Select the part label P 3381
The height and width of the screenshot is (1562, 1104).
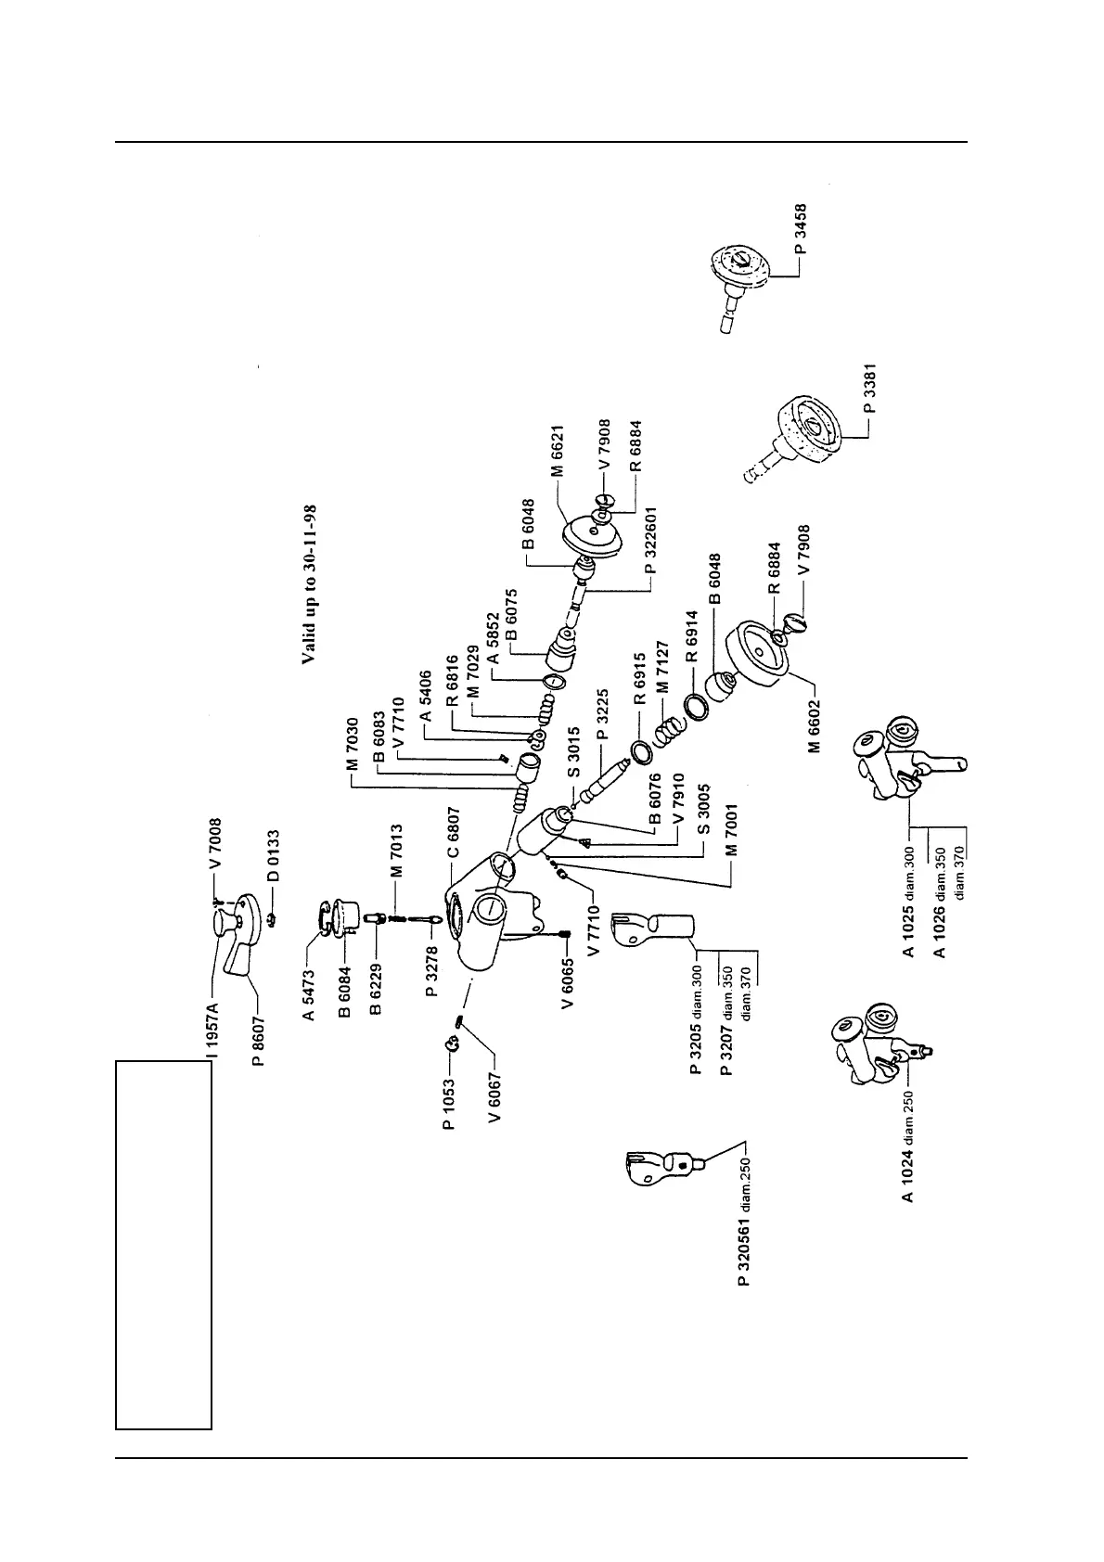coord(870,394)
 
